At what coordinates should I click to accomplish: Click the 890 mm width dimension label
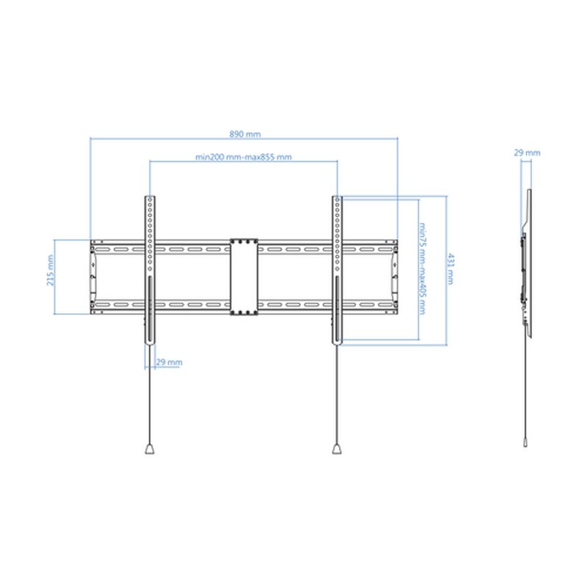click(x=245, y=134)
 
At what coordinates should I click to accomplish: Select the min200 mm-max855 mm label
click(x=244, y=157)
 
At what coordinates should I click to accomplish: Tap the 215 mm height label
click(x=50, y=270)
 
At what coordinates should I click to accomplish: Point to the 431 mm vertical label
click(x=451, y=269)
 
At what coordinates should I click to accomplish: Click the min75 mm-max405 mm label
click(x=423, y=269)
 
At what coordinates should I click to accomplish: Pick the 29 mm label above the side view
click(x=527, y=153)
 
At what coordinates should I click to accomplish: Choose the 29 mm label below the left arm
click(x=169, y=362)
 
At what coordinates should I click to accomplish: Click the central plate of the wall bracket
click(x=244, y=277)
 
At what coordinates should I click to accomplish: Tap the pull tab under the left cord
click(x=150, y=448)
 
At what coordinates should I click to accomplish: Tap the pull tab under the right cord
click(x=337, y=448)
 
